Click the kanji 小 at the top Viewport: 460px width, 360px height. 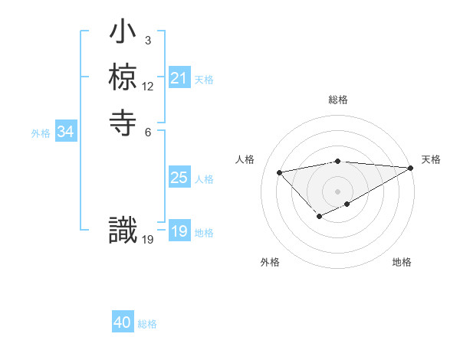coord(123,34)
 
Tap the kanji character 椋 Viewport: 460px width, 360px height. coord(123,77)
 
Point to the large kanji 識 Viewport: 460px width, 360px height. coord(123,231)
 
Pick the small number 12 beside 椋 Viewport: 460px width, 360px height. coord(148,86)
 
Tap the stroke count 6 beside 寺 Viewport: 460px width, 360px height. coord(147,131)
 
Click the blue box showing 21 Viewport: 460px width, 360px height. coord(179,78)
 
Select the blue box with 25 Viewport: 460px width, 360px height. coord(179,178)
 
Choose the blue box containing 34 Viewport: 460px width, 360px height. coord(66,132)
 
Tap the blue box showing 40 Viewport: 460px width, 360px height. coord(123,323)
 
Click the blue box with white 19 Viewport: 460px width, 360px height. coord(179,231)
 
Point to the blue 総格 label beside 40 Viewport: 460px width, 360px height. coord(147,324)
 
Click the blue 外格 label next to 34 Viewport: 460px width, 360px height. coord(41,133)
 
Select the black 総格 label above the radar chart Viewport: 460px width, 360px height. coord(338,100)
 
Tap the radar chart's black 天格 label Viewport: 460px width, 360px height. coord(431,159)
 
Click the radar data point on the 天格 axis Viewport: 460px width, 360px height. coord(410,168)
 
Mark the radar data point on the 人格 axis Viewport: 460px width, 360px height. coord(279,172)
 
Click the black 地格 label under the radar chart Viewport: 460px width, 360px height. coord(402,263)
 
